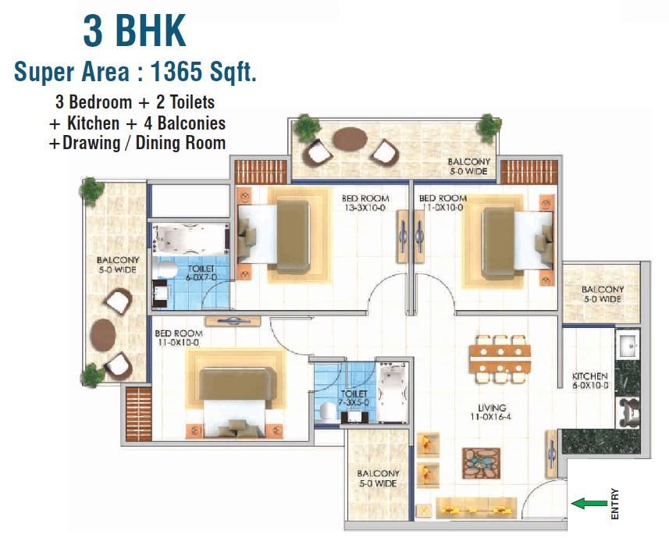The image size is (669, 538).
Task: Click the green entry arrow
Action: point(589,504)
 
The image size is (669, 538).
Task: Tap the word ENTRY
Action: point(614,504)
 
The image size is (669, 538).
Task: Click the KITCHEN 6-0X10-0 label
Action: point(590,380)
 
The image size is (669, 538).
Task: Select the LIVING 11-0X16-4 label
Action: point(491,412)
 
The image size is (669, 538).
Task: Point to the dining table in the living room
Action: point(500,358)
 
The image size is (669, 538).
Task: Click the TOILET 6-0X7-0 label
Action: point(201,273)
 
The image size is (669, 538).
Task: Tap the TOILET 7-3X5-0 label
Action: point(354,398)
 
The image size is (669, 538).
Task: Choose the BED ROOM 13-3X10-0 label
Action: point(365,203)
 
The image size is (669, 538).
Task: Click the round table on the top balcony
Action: point(350,139)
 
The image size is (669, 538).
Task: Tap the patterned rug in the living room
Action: point(482,463)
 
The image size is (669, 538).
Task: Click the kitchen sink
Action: point(627,344)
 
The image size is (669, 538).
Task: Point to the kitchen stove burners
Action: point(628,412)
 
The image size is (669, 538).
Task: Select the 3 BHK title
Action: point(134,30)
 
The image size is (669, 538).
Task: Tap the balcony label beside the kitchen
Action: point(603,294)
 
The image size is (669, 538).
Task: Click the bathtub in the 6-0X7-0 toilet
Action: point(190,238)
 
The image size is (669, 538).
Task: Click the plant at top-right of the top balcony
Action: point(489,126)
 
